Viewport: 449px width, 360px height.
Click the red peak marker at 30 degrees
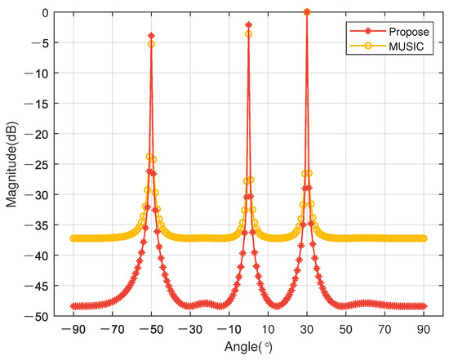click(307, 12)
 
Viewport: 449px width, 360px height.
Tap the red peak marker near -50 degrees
click(151, 36)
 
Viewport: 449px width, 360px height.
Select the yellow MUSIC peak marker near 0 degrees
click(248, 34)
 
